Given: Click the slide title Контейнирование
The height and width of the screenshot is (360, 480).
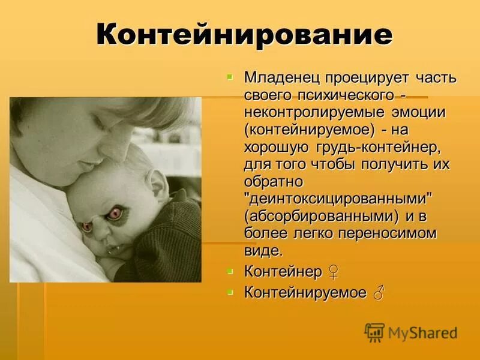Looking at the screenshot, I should click(244, 35).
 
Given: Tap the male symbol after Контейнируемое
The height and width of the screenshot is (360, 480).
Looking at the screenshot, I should click(378, 292).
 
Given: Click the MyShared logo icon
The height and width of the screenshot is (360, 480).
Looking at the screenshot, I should click(374, 332).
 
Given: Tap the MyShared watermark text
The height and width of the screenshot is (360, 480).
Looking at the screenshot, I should click(422, 332).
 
